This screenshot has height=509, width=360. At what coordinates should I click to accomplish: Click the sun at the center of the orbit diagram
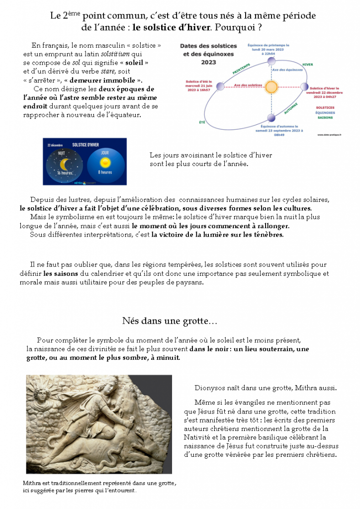(x=271, y=87)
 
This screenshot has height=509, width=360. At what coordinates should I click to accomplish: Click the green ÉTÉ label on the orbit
(x=202, y=122)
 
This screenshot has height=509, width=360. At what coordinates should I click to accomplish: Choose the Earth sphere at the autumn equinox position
(x=271, y=118)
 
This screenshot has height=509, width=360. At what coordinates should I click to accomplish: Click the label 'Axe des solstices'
(x=248, y=85)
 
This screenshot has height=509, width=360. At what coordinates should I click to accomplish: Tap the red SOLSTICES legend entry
(x=325, y=107)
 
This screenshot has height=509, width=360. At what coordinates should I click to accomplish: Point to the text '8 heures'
(x=105, y=172)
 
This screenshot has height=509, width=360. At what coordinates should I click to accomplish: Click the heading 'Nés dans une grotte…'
(x=169, y=321)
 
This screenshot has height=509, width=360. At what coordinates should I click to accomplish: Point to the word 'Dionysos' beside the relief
(x=209, y=388)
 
